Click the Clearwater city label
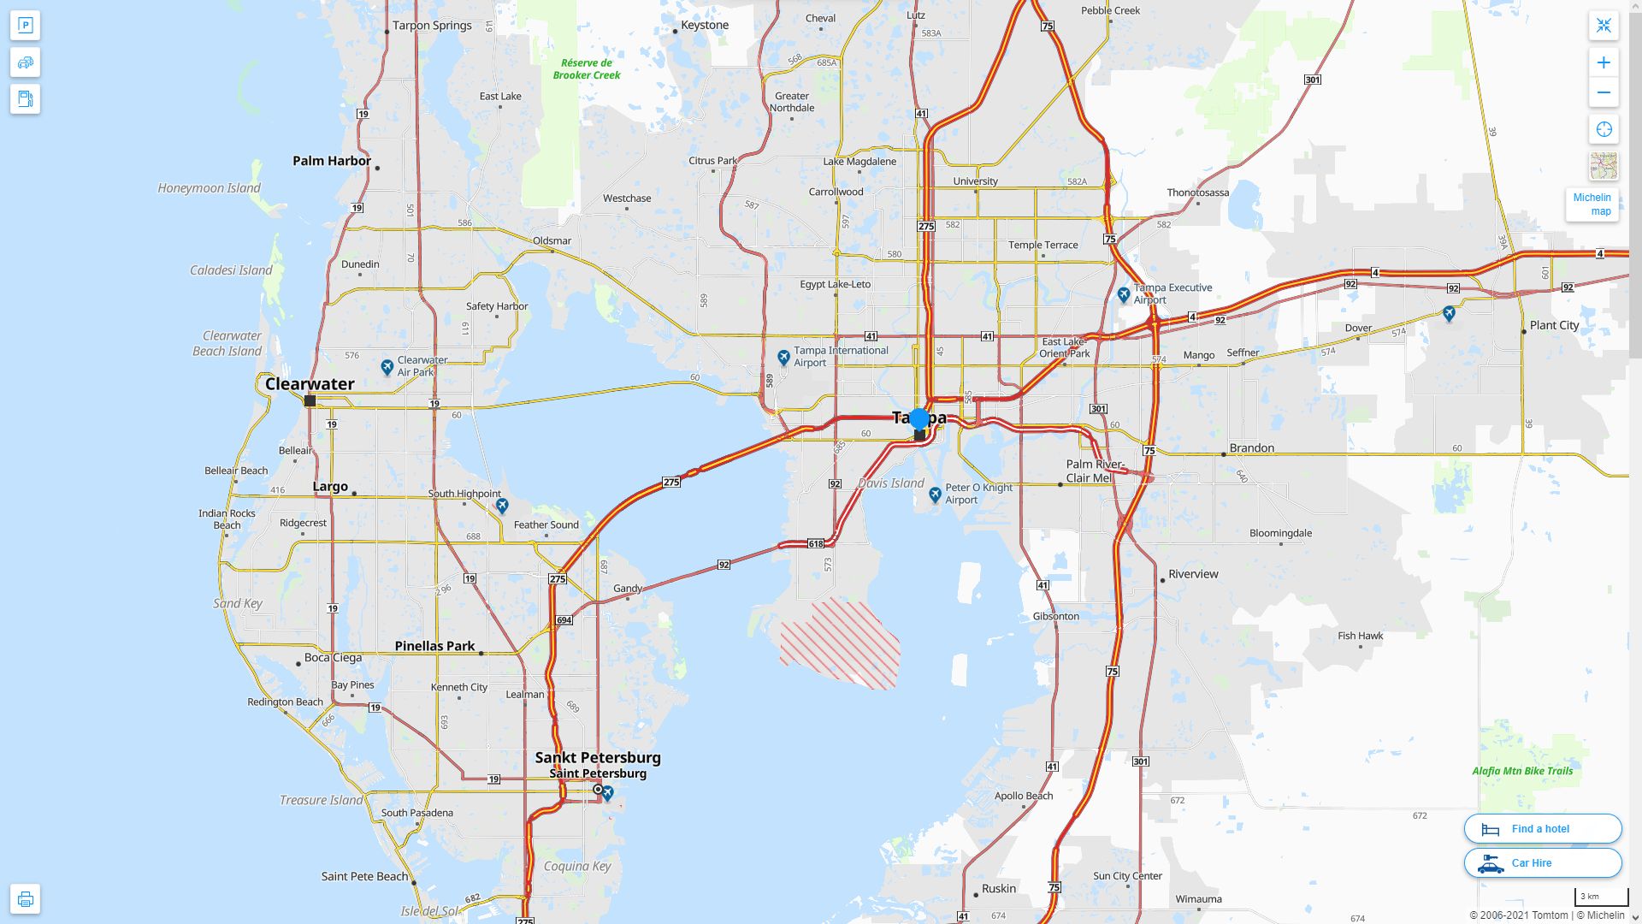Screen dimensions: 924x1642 [310, 384]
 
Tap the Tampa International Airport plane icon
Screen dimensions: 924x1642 [783, 357]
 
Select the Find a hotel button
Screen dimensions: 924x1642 [1542, 828]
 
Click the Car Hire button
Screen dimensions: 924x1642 [1542, 862]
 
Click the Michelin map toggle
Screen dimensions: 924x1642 [1592, 204]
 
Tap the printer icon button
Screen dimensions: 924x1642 [25, 899]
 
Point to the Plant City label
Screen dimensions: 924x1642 [1554, 325]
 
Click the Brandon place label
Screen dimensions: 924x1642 [1251, 448]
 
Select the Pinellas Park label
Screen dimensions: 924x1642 [434, 646]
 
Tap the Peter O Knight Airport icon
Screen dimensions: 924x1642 [936, 494]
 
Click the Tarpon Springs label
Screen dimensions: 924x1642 [432, 26]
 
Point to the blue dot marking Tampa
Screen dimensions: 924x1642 [919, 418]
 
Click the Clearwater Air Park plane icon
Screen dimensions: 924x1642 [387, 367]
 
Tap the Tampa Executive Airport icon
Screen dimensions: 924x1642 [1124, 295]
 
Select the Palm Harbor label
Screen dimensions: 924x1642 [332, 161]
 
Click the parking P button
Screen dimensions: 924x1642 [25, 26]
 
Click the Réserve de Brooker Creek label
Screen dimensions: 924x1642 [587, 68]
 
